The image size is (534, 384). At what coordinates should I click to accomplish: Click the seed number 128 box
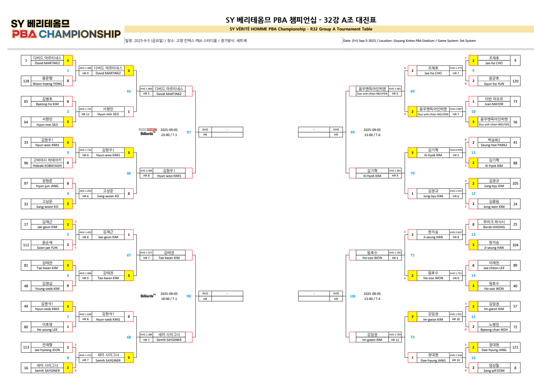26,81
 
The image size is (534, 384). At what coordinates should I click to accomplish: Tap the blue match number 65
129,91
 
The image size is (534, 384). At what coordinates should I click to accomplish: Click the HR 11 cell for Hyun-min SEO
85,114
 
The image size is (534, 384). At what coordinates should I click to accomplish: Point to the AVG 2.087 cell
455,109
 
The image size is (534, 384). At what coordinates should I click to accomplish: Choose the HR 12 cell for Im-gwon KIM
395,339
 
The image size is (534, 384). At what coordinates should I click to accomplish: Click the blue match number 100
352,296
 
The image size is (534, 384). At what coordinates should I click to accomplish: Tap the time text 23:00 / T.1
169,135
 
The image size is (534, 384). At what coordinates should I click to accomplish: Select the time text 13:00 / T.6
372,135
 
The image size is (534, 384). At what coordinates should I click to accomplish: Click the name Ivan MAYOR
493,103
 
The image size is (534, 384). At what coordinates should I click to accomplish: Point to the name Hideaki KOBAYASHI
48,166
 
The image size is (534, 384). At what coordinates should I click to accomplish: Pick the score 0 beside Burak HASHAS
473,224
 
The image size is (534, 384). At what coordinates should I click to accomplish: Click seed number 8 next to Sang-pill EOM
515,368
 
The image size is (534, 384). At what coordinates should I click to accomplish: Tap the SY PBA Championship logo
66,29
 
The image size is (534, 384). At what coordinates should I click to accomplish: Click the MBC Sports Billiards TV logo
147,132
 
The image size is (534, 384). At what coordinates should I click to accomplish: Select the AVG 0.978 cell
455,150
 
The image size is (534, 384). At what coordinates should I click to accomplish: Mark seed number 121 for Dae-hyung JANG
515,347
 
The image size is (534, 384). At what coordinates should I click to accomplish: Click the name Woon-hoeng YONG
48,84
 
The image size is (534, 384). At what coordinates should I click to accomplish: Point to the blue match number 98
189,296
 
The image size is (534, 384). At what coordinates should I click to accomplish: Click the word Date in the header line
347,41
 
